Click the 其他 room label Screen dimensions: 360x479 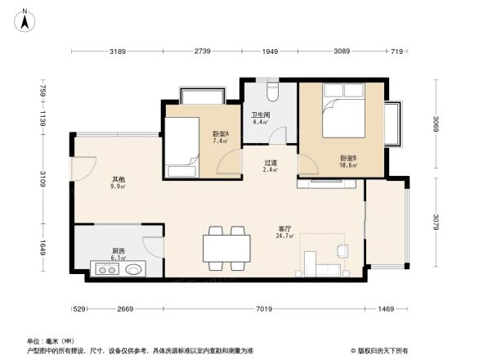(119, 182)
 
